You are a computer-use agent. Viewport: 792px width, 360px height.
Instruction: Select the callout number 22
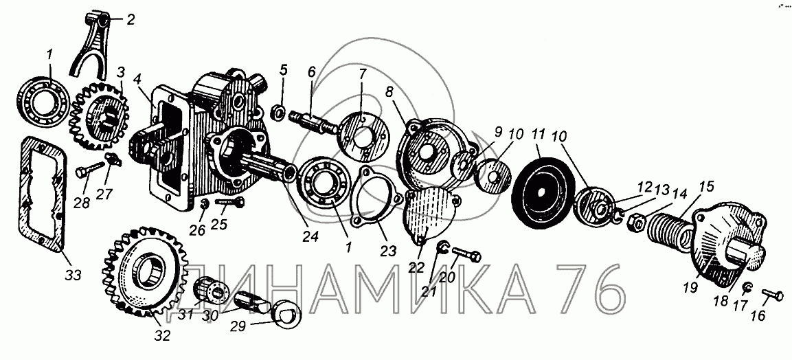[x=416, y=267]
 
